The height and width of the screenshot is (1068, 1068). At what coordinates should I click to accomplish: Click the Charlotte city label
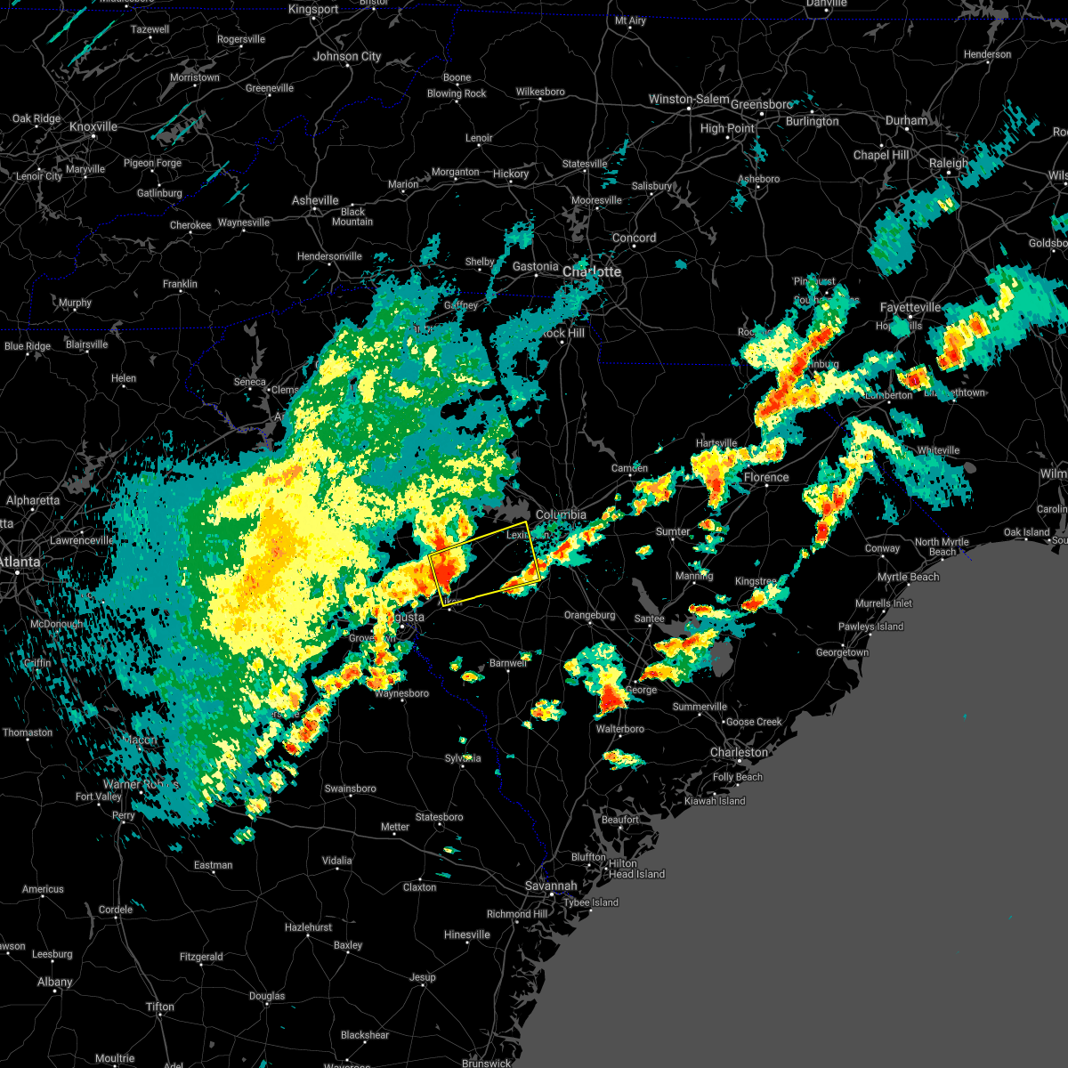click(x=592, y=271)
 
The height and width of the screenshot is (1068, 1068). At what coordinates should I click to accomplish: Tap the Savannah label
click(x=550, y=886)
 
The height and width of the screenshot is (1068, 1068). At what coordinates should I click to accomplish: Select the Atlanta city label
click(x=20, y=562)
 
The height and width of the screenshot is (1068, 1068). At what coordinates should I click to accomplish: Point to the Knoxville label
click(x=93, y=127)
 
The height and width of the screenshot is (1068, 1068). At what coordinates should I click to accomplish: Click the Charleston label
click(x=739, y=753)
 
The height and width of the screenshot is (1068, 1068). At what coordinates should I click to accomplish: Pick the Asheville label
click(x=315, y=200)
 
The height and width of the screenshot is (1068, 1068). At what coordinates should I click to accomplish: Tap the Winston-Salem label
click(x=689, y=100)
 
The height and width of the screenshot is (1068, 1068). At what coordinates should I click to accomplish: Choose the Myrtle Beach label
click(x=909, y=577)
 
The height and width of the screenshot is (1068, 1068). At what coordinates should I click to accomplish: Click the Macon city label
click(x=140, y=740)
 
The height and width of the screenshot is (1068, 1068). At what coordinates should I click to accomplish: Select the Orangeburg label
click(x=589, y=615)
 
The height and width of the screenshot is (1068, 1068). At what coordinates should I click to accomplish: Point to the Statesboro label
click(x=440, y=817)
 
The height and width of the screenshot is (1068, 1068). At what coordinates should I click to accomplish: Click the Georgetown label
click(x=842, y=652)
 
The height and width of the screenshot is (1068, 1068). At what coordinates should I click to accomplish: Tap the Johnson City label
click(x=347, y=56)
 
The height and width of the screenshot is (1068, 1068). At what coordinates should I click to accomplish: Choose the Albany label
click(x=54, y=982)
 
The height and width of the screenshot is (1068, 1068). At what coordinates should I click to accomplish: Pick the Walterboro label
click(x=620, y=729)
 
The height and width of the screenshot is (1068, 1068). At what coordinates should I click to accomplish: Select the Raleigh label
click(x=949, y=164)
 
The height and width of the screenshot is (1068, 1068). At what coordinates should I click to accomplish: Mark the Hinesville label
click(x=466, y=934)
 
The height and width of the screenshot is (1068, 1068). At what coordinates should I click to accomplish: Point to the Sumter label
click(x=673, y=531)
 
